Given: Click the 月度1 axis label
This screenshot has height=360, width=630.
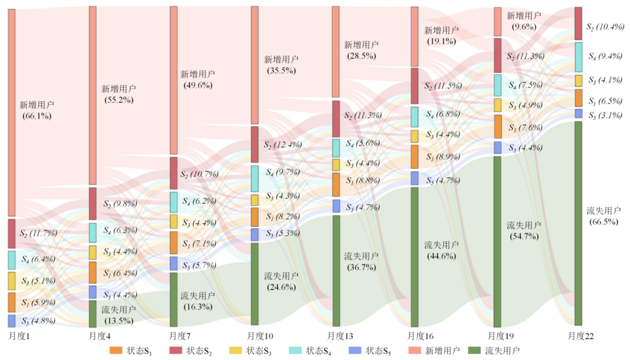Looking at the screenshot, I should click(19, 336).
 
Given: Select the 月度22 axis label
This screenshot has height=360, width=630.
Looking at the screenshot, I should click(581, 336).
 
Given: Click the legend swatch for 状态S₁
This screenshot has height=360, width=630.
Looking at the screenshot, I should click(116, 350).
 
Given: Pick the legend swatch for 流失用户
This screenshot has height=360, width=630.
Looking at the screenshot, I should click(474, 350).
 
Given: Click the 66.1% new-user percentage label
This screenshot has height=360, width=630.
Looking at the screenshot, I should click(36, 116).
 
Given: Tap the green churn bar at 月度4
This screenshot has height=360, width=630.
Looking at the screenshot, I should click(93, 313).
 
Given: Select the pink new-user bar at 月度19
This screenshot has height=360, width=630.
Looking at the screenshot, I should click(497, 22).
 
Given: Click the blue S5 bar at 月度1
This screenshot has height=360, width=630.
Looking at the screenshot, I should click(11, 321).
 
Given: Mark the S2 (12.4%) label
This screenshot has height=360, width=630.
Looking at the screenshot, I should click(283, 145).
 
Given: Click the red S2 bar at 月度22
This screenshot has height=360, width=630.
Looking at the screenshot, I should click(578, 23).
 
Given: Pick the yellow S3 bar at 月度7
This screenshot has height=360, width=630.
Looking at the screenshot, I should click(174, 222).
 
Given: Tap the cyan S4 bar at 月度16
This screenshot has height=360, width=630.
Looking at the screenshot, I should click(414, 117).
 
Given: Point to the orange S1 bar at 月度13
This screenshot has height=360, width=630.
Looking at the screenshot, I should click(336, 185).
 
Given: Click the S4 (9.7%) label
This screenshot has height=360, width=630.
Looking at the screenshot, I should click(283, 171).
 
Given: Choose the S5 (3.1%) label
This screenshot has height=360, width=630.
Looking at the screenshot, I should click(603, 115).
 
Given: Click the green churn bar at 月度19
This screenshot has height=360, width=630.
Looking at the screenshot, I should click(497, 242).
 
